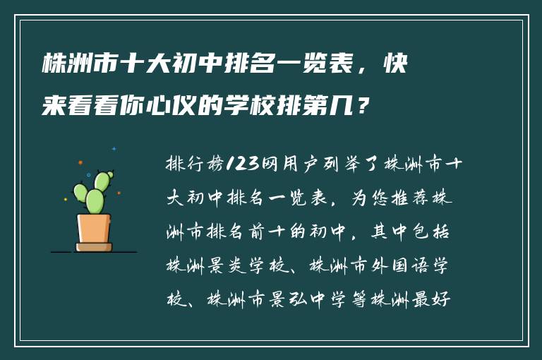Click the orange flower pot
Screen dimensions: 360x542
coord(94,229)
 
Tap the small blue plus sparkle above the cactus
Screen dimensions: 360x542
coord(114,149)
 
